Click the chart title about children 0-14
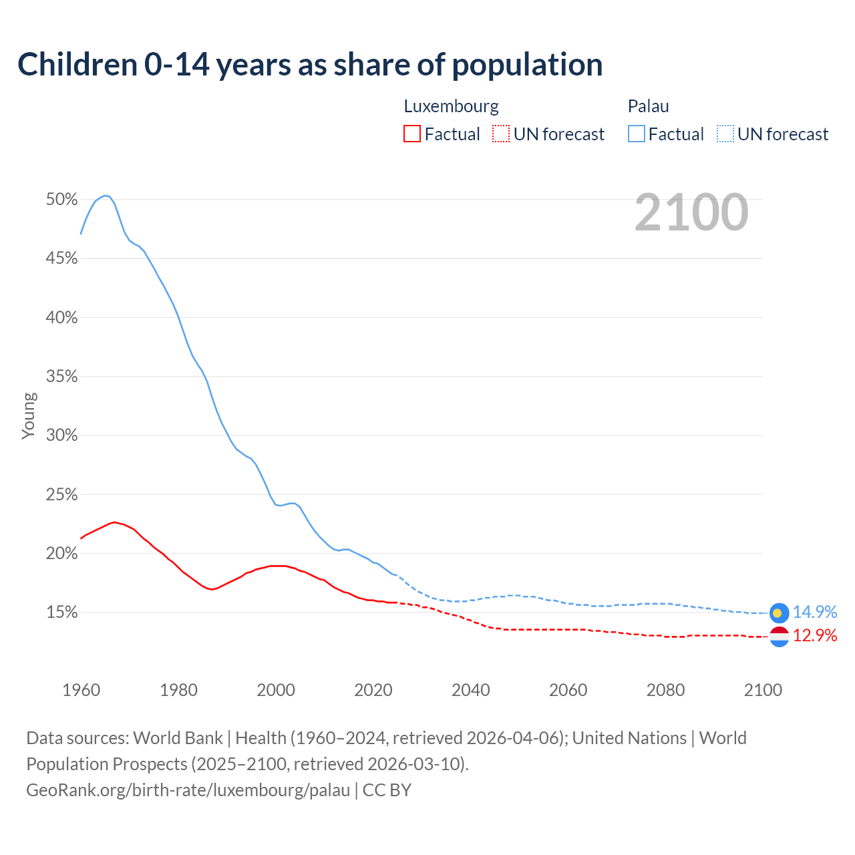click(310, 65)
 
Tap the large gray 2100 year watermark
click(691, 212)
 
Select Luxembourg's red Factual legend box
click(412, 134)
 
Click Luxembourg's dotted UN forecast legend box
click(501, 134)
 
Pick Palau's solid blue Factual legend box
click(636, 134)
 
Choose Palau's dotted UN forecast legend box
click(725, 134)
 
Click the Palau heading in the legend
click(648, 106)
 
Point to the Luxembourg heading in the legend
click(451, 106)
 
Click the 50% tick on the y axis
click(61, 200)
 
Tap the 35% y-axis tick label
click(61, 377)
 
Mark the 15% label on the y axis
click(61, 613)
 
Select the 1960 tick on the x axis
click(81, 690)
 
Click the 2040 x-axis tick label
click(470, 690)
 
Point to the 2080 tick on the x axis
click(665, 690)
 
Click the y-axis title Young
click(29, 415)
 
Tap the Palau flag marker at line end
click(779, 613)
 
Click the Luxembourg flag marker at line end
click(779, 637)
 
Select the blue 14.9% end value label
click(814, 613)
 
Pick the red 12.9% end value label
click(814, 636)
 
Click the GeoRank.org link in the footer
click(188, 790)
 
